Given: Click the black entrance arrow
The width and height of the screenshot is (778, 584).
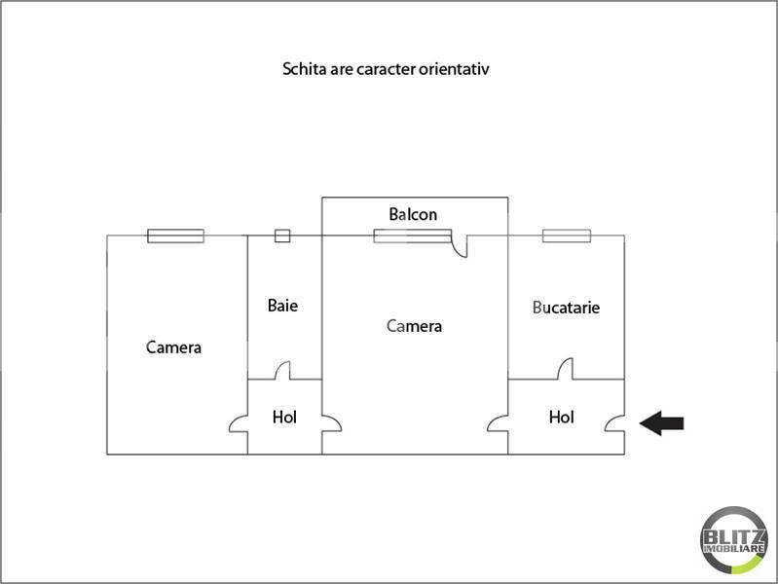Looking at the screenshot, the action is pyautogui.click(x=661, y=423).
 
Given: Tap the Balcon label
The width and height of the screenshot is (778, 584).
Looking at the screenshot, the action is pyautogui.click(x=413, y=214).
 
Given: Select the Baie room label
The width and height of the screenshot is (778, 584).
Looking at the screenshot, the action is pyautogui.click(x=282, y=306).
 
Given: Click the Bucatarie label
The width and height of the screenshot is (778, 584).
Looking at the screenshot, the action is pyautogui.click(x=566, y=308).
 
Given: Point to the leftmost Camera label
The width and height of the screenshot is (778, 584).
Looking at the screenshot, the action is pyautogui.click(x=173, y=347).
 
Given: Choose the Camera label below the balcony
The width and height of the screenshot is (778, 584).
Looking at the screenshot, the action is pyautogui.click(x=414, y=326).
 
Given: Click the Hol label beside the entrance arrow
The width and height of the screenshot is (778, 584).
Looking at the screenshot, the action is pyautogui.click(x=562, y=417).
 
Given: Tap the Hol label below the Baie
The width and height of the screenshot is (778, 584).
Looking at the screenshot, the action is pyautogui.click(x=284, y=417).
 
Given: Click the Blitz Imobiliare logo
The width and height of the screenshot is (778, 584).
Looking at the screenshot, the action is pyautogui.click(x=734, y=540).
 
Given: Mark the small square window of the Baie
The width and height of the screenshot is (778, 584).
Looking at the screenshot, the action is pyautogui.click(x=282, y=236).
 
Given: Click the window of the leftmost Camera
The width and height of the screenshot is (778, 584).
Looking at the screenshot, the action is pyautogui.click(x=175, y=236).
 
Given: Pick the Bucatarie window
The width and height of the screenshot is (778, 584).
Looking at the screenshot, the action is pyautogui.click(x=567, y=236).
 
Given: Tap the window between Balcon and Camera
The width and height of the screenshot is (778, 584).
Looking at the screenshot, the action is pyautogui.click(x=412, y=236).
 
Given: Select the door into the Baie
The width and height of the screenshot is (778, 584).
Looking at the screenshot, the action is pyautogui.click(x=282, y=370).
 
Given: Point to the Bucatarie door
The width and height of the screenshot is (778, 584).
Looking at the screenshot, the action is pyautogui.click(x=565, y=369).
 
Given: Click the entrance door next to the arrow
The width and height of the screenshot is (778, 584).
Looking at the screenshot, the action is pyautogui.click(x=615, y=423).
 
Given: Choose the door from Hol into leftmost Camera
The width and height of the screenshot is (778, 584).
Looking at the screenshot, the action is pyautogui.click(x=239, y=423).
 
